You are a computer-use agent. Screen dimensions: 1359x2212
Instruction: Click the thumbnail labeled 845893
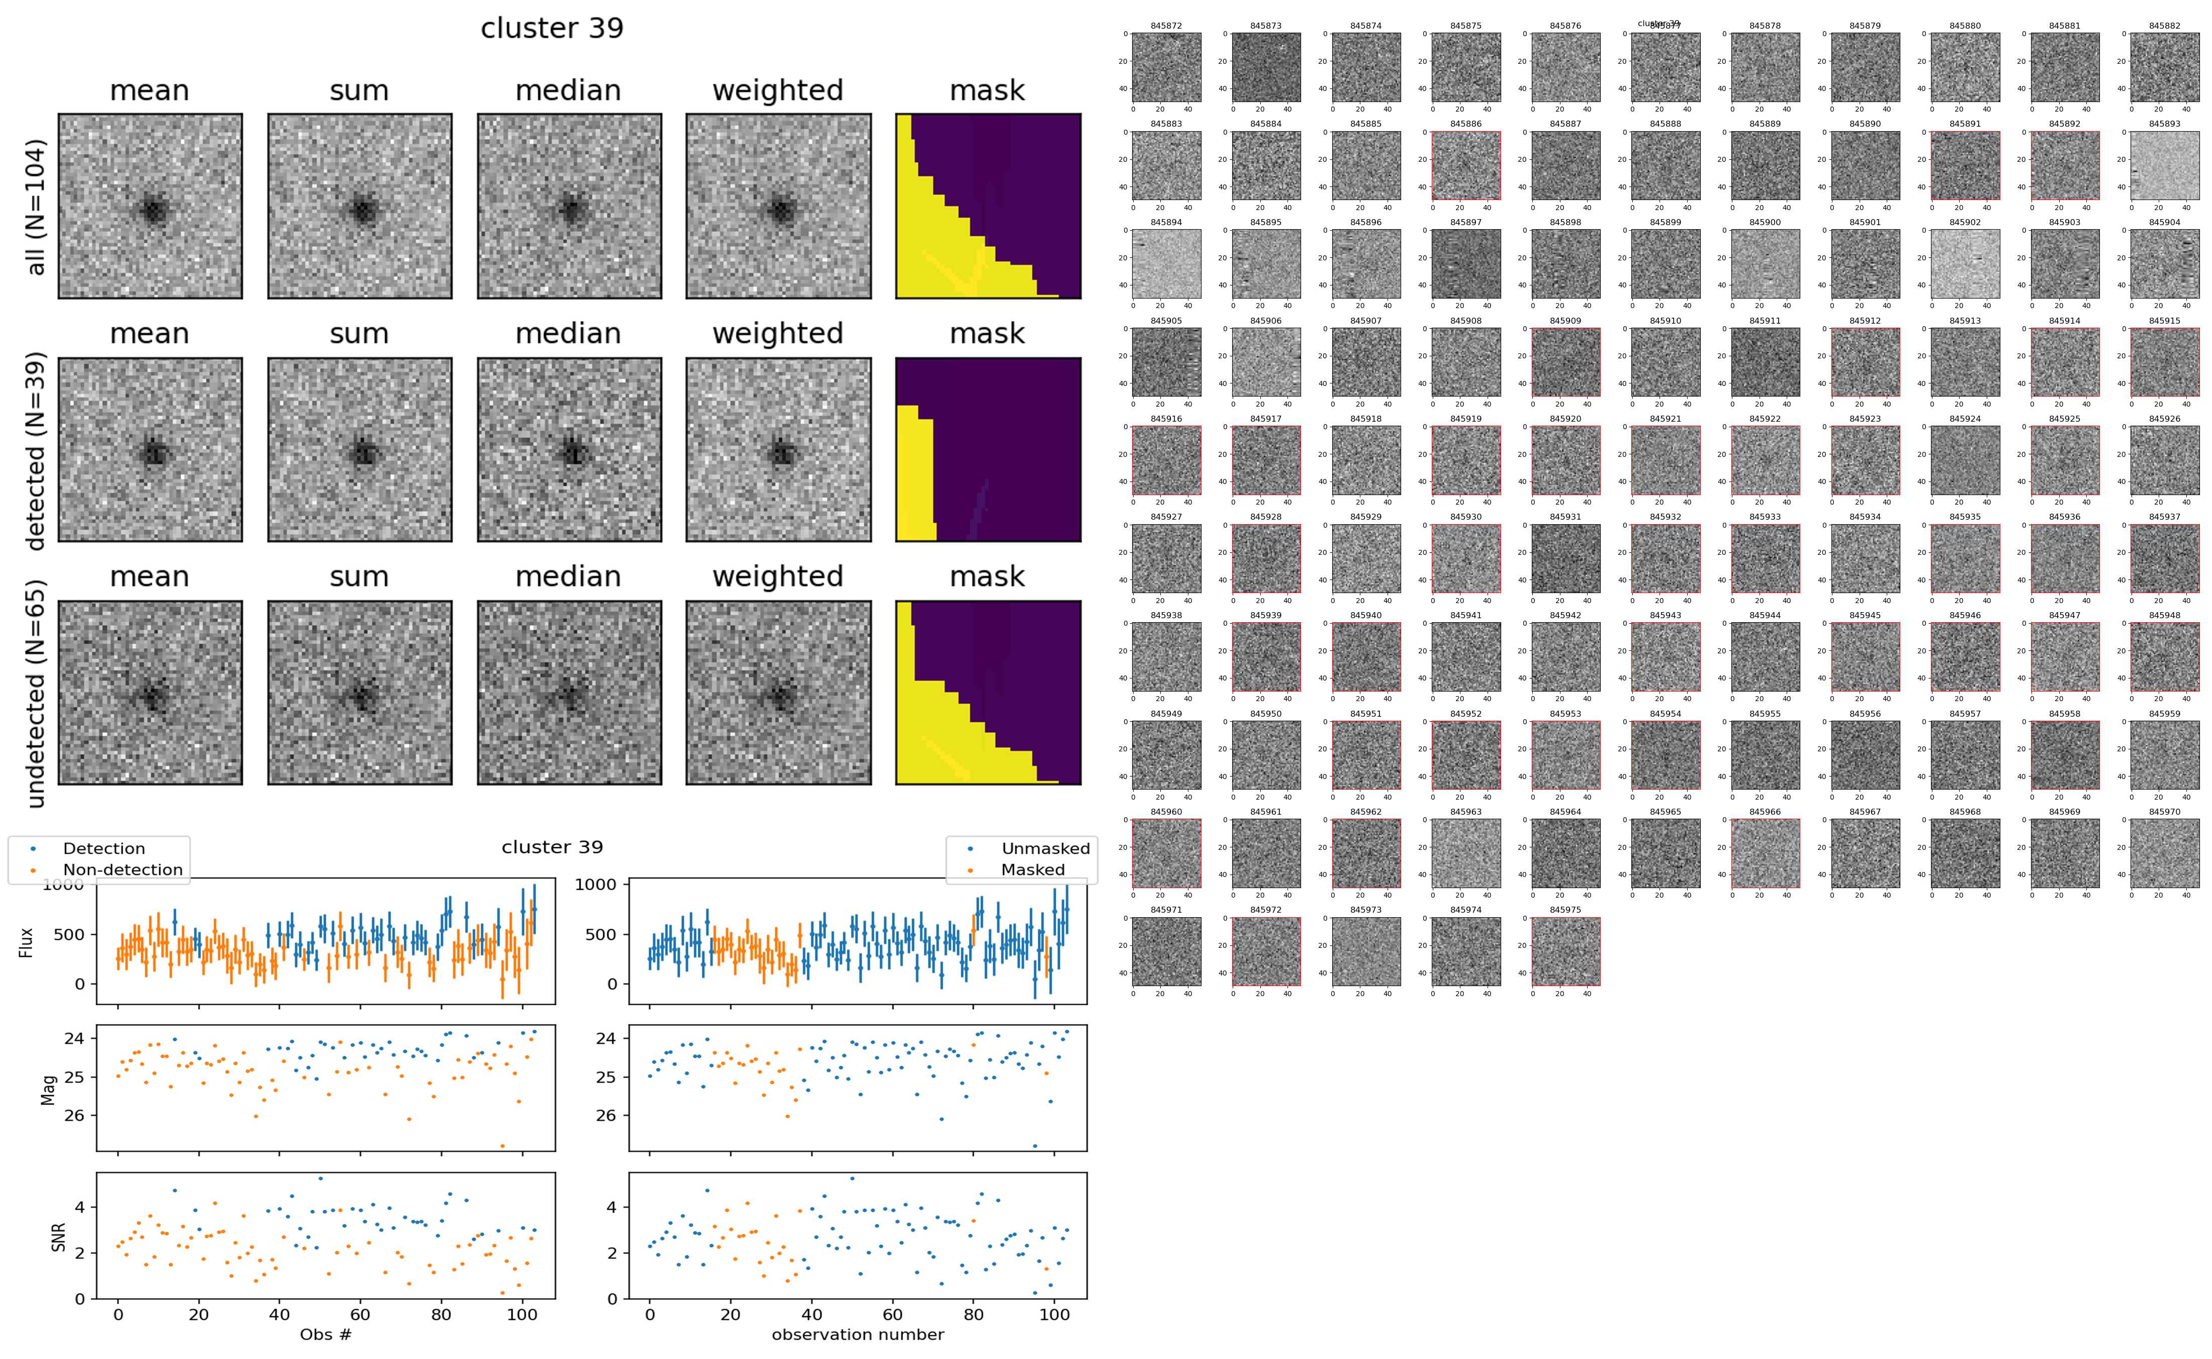coord(2164,165)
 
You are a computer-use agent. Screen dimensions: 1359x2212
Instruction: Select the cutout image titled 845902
coord(1965,263)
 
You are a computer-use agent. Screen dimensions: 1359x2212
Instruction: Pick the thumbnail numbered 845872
coord(1166,67)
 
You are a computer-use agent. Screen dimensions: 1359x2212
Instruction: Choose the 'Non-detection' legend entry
coord(122,869)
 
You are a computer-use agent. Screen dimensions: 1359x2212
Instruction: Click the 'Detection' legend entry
coord(104,848)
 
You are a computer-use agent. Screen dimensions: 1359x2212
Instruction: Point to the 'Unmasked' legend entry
coord(1045,848)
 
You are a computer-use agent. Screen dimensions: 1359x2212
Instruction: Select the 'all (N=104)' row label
coord(36,207)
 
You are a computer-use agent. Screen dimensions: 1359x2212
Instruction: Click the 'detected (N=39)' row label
coord(36,450)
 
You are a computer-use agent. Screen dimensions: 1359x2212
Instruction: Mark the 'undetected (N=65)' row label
coord(36,693)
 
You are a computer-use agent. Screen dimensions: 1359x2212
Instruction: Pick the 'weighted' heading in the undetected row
coord(778,576)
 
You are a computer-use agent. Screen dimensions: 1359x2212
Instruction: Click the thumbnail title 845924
coord(1965,419)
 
